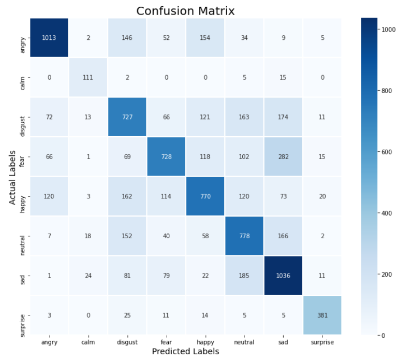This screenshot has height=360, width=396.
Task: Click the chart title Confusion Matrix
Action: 185,10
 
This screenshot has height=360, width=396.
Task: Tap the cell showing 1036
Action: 283,275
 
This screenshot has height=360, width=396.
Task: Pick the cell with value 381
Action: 322,314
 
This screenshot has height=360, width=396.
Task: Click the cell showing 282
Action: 283,156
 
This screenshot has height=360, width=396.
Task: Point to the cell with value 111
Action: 87,77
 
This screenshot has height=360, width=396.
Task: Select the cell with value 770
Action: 204,196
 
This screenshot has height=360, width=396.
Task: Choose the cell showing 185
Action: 244,275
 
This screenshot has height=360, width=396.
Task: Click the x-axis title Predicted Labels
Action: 185,352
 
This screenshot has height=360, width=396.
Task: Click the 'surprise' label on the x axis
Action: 322,342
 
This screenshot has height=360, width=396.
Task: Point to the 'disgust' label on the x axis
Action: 126,342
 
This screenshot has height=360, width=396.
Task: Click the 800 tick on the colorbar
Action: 385,91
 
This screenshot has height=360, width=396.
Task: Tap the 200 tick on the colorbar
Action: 385,274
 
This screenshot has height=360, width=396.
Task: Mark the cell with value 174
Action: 283,117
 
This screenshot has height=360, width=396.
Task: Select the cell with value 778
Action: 244,236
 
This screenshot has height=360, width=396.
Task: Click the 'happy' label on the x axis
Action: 204,342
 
